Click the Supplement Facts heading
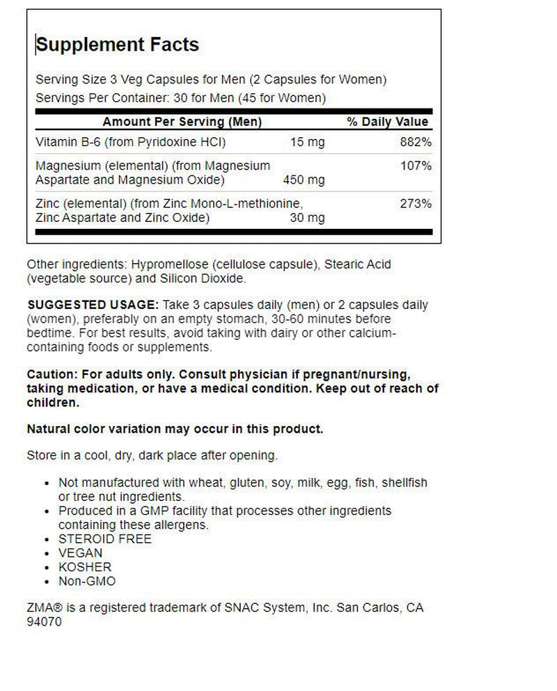tap(117, 45)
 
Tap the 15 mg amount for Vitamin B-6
tap(307, 143)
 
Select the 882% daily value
tap(416, 143)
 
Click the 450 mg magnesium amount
tap(304, 180)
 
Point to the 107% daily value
tap(416, 166)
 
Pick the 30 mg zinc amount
tap(307, 218)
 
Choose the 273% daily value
tap(416, 204)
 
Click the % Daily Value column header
tap(388, 122)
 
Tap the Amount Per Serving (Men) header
tap(182, 122)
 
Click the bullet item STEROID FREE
tap(105, 539)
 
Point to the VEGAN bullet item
tap(81, 553)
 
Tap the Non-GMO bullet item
tap(88, 581)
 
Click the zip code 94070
tap(44, 621)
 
